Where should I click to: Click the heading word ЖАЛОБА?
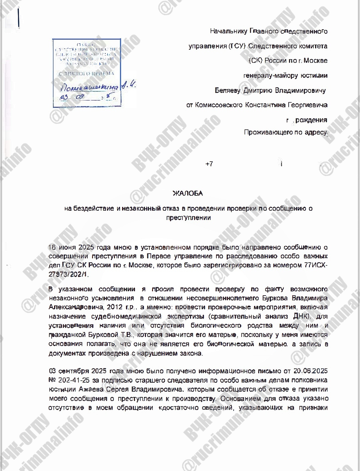[x=188, y=193]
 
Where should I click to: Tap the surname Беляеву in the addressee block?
[x=227, y=90]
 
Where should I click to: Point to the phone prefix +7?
[x=209, y=164]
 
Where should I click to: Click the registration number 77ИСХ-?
[x=316, y=265]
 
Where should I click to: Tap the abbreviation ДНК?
[x=301, y=316]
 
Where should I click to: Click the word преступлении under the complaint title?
[x=189, y=218]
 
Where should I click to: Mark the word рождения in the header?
[x=311, y=120]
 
